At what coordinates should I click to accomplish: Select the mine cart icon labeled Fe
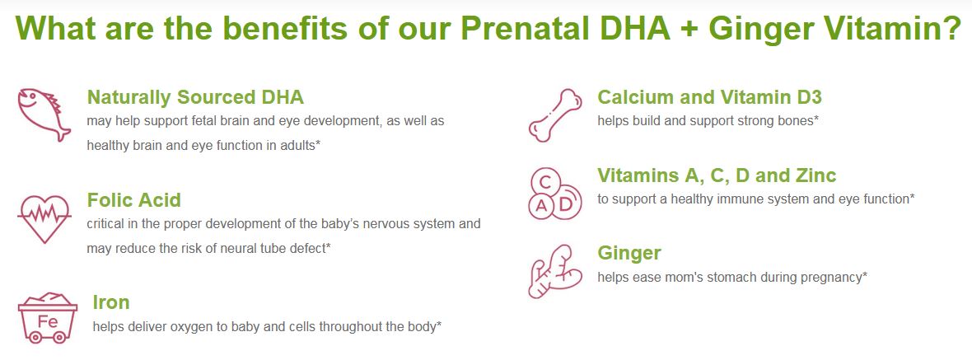pyautogui.click(x=48, y=318)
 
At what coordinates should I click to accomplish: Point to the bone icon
pyautogui.click(x=555, y=115)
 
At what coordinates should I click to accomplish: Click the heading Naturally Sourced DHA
pyautogui.click(x=195, y=97)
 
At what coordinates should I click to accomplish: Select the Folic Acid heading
pyautogui.click(x=134, y=200)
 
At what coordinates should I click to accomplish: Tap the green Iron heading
pyautogui.click(x=111, y=302)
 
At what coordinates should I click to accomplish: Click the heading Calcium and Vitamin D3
pyautogui.click(x=710, y=97)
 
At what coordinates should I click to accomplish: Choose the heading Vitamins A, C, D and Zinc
pyautogui.click(x=717, y=175)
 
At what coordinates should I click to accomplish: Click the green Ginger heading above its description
pyautogui.click(x=629, y=254)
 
